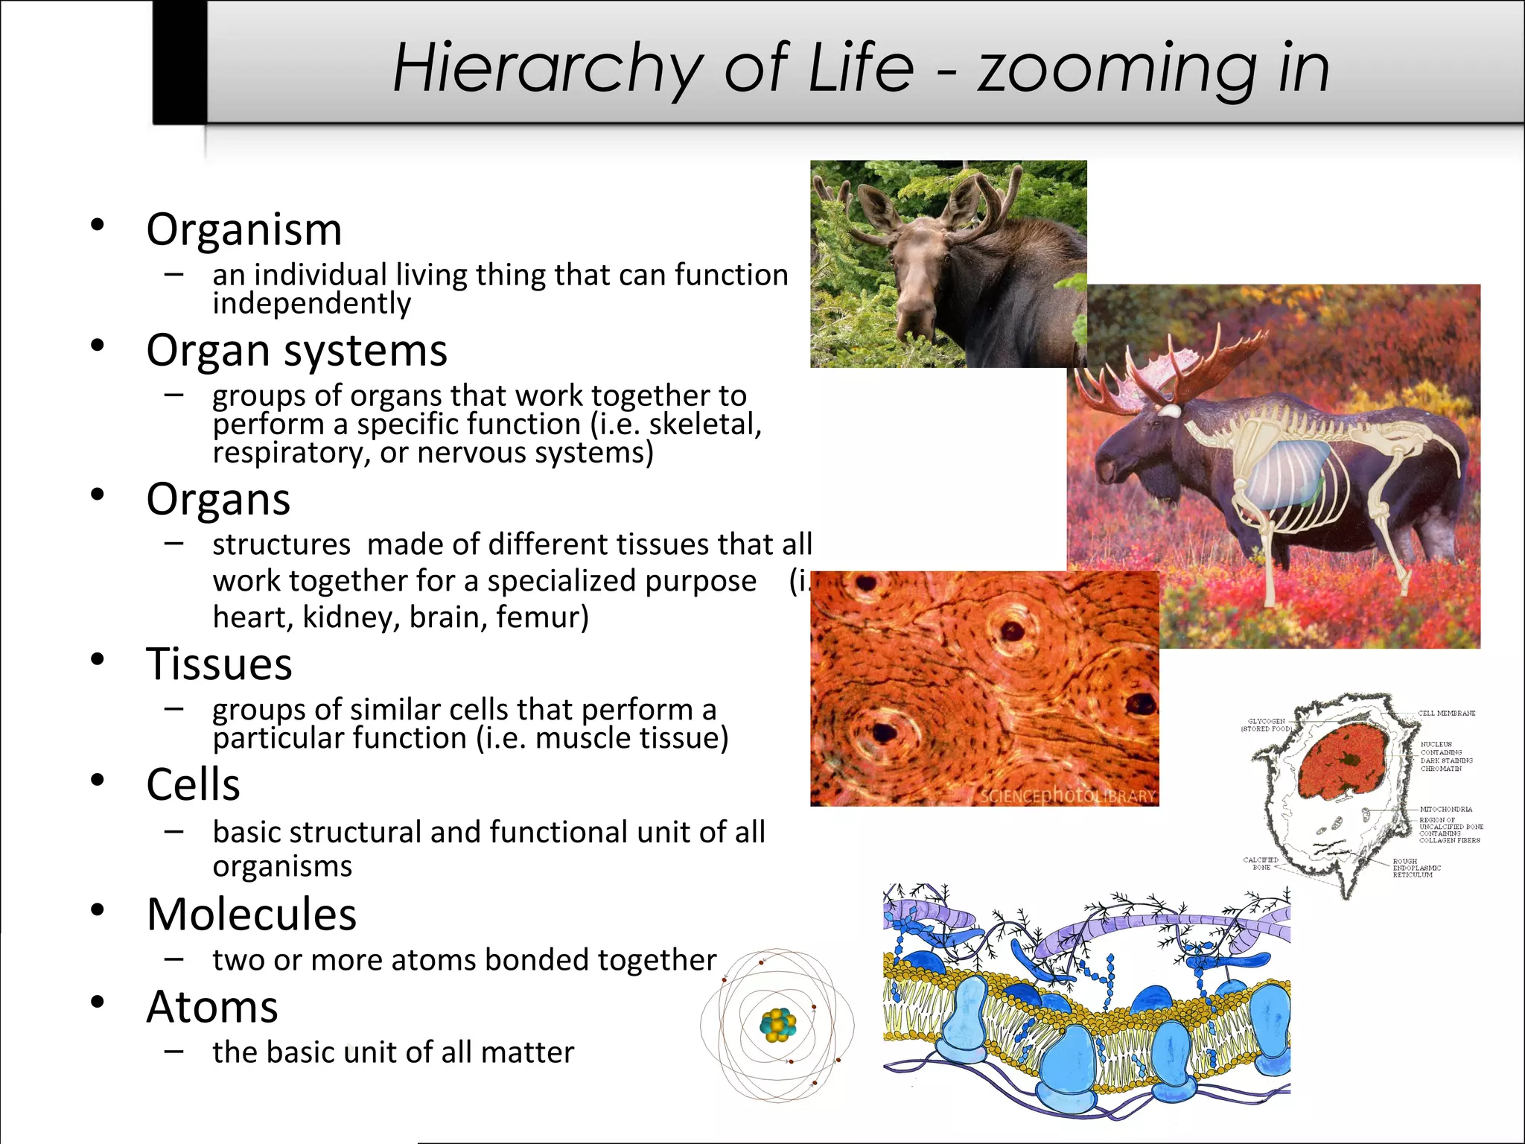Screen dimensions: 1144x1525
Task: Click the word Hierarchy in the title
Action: (x=547, y=69)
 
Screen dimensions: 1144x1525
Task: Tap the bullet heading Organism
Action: (x=244, y=229)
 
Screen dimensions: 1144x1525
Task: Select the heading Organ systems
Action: (x=296, y=350)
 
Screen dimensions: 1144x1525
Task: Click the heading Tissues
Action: (x=219, y=664)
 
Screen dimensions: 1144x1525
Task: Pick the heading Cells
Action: (x=193, y=784)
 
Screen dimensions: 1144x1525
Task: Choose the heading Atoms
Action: (x=212, y=1007)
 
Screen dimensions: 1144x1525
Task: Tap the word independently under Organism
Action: (x=311, y=304)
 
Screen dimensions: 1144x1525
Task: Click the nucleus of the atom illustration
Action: (x=777, y=1026)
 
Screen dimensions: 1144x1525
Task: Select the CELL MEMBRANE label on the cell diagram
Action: (x=1446, y=714)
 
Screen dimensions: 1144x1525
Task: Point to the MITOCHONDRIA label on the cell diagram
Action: (x=1445, y=809)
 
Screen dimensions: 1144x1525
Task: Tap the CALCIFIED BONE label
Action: (x=1261, y=863)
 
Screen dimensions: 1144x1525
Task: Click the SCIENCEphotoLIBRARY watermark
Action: (x=1067, y=796)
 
